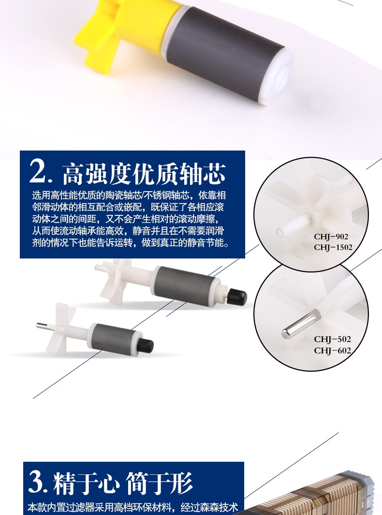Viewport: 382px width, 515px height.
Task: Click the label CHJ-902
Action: pos(331,237)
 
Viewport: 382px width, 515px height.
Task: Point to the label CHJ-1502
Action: pos(333,247)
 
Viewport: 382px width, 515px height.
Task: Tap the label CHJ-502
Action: pos(332,339)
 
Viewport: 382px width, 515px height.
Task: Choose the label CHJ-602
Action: pos(332,350)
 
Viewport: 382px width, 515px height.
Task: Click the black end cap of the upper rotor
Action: pos(237,295)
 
